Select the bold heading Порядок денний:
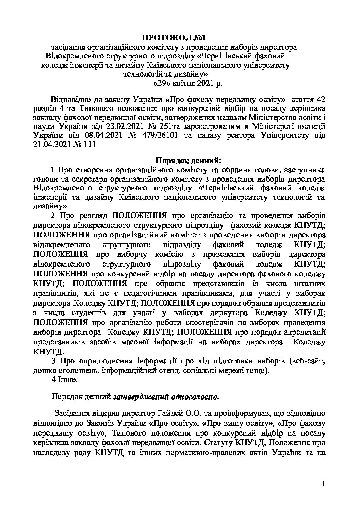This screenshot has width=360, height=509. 188,160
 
